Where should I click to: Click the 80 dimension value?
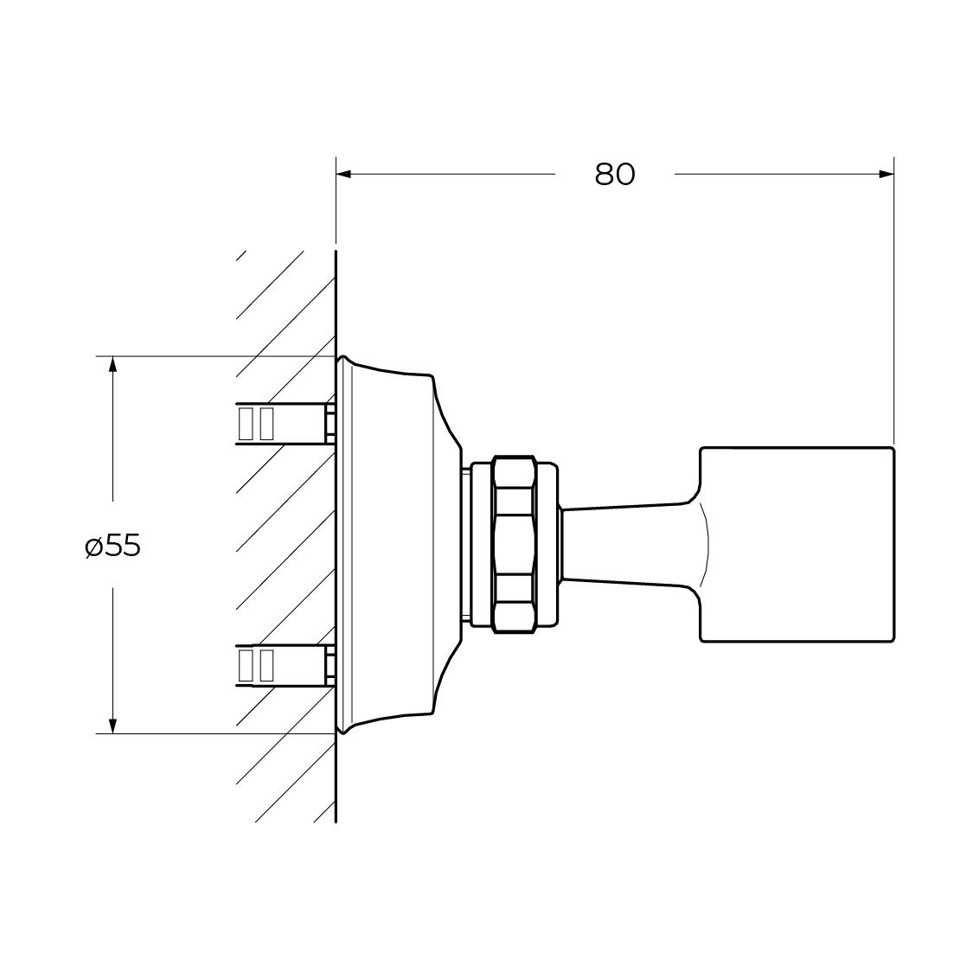pos(615,174)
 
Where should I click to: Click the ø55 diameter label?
pos(113,547)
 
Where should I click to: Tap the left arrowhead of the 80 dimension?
pos(344,174)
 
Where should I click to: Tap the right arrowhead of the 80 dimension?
pos(886,174)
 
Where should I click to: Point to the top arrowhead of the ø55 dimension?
pos(112,365)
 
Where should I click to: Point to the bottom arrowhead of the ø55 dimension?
pos(112,725)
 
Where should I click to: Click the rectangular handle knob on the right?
pos(797,545)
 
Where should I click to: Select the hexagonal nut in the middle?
pos(514,545)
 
